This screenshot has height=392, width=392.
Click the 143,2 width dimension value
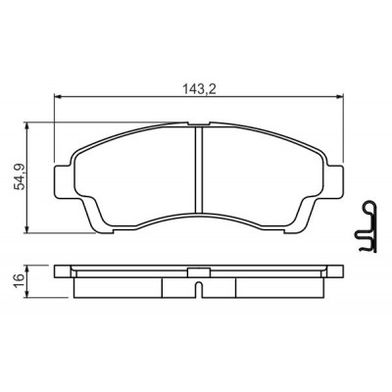[199, 89]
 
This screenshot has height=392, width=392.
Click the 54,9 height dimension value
[20, 176]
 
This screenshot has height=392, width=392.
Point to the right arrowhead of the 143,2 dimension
[340, 96]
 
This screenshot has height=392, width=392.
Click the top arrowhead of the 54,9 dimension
[27, 126]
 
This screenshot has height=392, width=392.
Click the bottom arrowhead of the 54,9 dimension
[27, 229]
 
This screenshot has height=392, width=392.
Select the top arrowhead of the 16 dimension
[27, 269]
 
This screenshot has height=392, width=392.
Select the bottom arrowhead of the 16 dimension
[27, 294]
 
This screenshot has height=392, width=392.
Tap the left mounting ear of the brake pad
[63, 181]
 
